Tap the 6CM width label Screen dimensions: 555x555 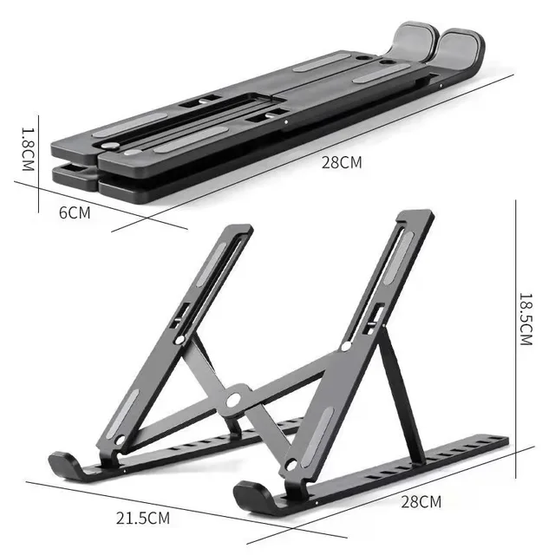75,212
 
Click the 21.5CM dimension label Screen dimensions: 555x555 144,518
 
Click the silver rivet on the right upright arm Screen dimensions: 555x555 346,346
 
